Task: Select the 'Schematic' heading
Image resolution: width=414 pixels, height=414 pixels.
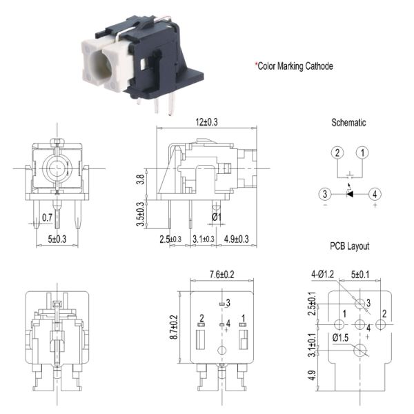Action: (x=348, y=123)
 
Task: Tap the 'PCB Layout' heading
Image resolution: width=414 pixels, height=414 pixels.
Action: (x=348, y=246)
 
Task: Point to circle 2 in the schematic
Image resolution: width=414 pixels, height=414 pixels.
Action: (x=336, y=152)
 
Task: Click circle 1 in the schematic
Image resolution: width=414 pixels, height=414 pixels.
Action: (x=363, y=152)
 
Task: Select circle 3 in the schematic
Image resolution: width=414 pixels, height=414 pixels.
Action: (x=324, y=194)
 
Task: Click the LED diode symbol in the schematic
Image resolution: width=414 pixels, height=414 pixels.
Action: (x=349, y=194)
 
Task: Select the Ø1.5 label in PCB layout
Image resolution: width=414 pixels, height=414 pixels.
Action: (x=340, y=337)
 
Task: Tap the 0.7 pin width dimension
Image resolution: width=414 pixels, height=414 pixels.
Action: (x=47, y=217)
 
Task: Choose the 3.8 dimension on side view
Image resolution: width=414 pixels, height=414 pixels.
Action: (x=141, y=181)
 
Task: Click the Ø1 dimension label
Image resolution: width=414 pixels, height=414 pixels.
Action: (x=215, y=217)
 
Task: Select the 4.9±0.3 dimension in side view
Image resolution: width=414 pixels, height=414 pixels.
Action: (x=237, y=239)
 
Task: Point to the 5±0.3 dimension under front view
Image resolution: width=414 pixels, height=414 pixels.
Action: (x=58, y=239)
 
